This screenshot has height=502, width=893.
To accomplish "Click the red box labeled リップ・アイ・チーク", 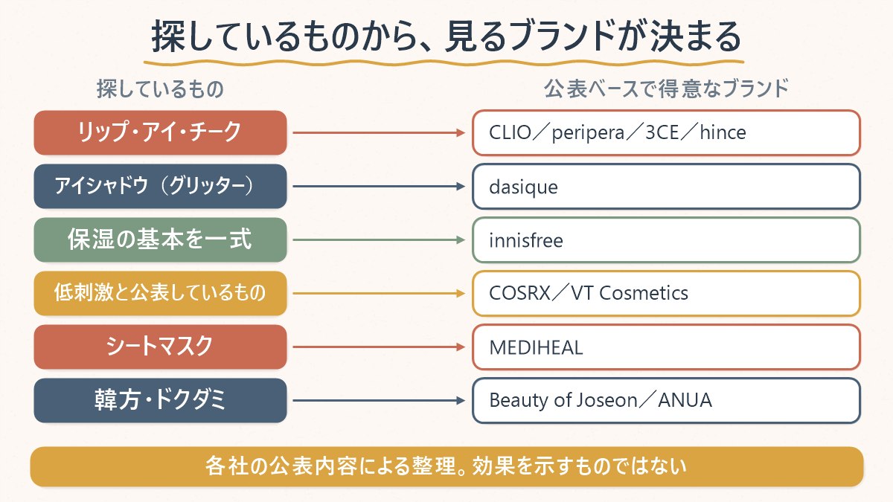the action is (x=160, y=132).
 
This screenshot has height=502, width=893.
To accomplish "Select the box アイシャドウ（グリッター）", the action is (x=160, y=186).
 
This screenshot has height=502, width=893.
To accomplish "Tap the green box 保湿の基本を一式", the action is (x=160, y=239).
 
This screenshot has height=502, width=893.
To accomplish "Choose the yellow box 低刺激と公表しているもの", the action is (x=160, y=293).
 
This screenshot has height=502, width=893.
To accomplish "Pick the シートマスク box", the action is (x=160, y=347).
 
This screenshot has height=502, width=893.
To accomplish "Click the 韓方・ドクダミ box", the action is (x=160, y=400).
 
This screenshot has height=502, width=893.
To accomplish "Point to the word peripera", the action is (x=588, y=133).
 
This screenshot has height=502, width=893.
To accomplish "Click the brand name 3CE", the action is (x=662, y=132).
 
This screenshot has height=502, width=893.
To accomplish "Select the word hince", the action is (x=723, y=132).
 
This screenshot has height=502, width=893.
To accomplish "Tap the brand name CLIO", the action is (x=510, y=132).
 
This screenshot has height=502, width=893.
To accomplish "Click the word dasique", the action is (x=523, y=187).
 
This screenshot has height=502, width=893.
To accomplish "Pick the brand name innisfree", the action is (x=526, y=240).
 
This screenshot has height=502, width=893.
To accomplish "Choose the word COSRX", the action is (x=520, y=293).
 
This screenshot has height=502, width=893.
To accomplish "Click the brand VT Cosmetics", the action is (x=630, y=293).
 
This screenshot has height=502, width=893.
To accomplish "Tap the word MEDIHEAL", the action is (x=536, y=347).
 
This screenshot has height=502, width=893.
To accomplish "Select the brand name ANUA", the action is (x=685, y=400).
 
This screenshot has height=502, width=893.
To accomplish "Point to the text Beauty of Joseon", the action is (x=563, y=400).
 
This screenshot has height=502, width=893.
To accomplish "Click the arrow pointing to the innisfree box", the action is (x=379, y=239).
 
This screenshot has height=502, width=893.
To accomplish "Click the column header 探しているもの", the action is (x=160, y=89).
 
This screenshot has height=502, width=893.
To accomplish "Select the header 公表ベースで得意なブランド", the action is (x=666, y=89).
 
